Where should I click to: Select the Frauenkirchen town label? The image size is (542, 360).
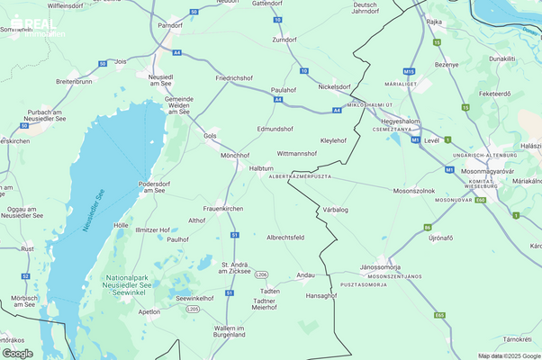click(x=222, y=208)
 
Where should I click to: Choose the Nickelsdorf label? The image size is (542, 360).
click(x=334, y=87)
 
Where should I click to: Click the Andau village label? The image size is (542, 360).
click(x=305, y=274)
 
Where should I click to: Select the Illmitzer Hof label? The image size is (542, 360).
click(x=152, y=229)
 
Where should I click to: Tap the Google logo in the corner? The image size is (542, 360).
click(x=18, y=353)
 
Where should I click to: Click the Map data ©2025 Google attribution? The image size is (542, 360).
click(x=510, y=355)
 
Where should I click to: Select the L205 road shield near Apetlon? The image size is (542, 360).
click(x=192, y=309)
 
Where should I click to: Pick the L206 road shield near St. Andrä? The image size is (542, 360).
click(x=261, y=274)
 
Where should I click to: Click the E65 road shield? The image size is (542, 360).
click(x=439, y=315)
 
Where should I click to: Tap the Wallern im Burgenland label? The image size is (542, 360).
click(x=230, y=331)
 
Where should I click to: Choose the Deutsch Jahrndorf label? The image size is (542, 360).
click(x=366, y=8)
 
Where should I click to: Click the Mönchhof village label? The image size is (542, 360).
click(x=235, y=155)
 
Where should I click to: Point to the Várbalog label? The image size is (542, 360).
click(x=335, y=210)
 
